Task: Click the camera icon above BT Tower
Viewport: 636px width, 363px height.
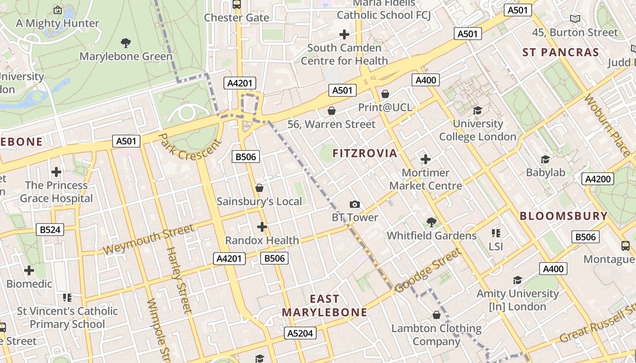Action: pyautogui.click(x=355, y=205)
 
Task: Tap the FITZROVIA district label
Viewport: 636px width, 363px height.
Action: pyautogui.click(x=365, y=153)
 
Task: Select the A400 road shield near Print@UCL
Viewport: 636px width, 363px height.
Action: pyautogui.click(x=426, y=80)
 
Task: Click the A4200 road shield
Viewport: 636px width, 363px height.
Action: pyautogui.click(x=598, y=179)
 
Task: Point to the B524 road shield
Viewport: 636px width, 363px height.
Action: pyautogui.click(x=50, y=230)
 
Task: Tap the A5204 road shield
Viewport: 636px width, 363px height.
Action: pyautogui.click(x=301, y=334)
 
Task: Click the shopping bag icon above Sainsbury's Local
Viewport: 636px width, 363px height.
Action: pyautogui.click(x=259, y=188)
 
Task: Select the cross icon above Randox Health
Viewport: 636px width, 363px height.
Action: pyautogui.click(x=262, y=226)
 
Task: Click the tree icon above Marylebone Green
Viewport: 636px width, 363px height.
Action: pyautogui.click(x=126, y=43)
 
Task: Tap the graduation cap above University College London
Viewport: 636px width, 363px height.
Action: pyautogui.click(x=477, y=110)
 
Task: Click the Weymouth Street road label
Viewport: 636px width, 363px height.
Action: pyautogui.click(x=149, y=239)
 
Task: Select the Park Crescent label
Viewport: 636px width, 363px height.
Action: pyautogui.click(x=190, y=147)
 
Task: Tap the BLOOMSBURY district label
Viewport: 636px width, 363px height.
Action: pyautogui.click(x=563, y=216)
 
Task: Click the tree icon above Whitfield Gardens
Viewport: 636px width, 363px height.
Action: pyautogui.click(x=432, y=222)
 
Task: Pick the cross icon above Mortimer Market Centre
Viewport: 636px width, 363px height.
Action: pyautogui.click(x=426, y=159)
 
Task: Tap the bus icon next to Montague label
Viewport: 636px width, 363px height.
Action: pyautogui.click(x=626, y=246)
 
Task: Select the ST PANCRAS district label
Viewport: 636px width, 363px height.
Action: pyautogui.click(x=561, y=52)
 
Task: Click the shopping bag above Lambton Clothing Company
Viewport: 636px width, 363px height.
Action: pyautogui.click(x=437, y=315)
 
